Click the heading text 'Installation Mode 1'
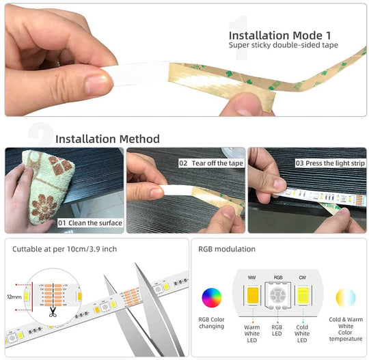coord(279,35)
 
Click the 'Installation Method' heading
coord(107,139)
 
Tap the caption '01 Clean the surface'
coord(90,223)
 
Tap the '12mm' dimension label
coord(14,297)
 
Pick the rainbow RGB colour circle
coord(212,298)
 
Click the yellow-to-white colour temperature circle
coord(346,298)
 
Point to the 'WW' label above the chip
coord(252,277)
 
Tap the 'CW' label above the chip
coord(302,277)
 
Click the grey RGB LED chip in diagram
coord(277,297)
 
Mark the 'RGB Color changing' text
coord(212,322)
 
